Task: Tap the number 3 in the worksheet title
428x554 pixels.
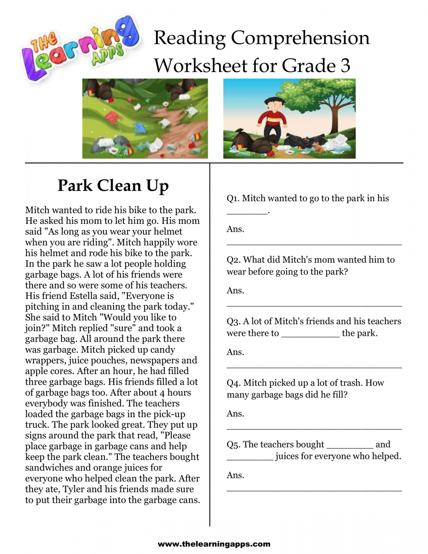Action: (345, 66)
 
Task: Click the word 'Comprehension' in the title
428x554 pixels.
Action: (300, 38)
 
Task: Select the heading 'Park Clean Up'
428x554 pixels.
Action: (113, 186)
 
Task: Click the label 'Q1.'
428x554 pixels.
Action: (233, 199)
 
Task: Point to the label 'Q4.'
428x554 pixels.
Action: (233, 383)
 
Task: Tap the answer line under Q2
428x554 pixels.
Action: (314, 305)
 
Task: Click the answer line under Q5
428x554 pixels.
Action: (314, 490)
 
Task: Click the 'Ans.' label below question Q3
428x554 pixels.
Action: (235, 352)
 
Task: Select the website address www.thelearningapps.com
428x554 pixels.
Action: (214, 544)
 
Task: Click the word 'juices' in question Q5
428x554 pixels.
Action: (289, 457)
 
